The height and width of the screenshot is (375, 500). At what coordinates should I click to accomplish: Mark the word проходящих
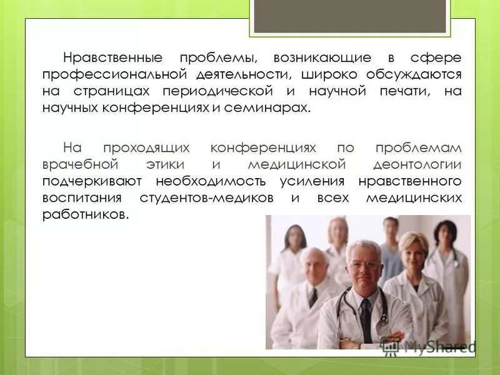(147, 149)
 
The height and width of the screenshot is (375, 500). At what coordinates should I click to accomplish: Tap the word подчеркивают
(93, 181)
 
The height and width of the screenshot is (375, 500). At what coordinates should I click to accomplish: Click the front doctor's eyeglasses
(364, 264)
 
